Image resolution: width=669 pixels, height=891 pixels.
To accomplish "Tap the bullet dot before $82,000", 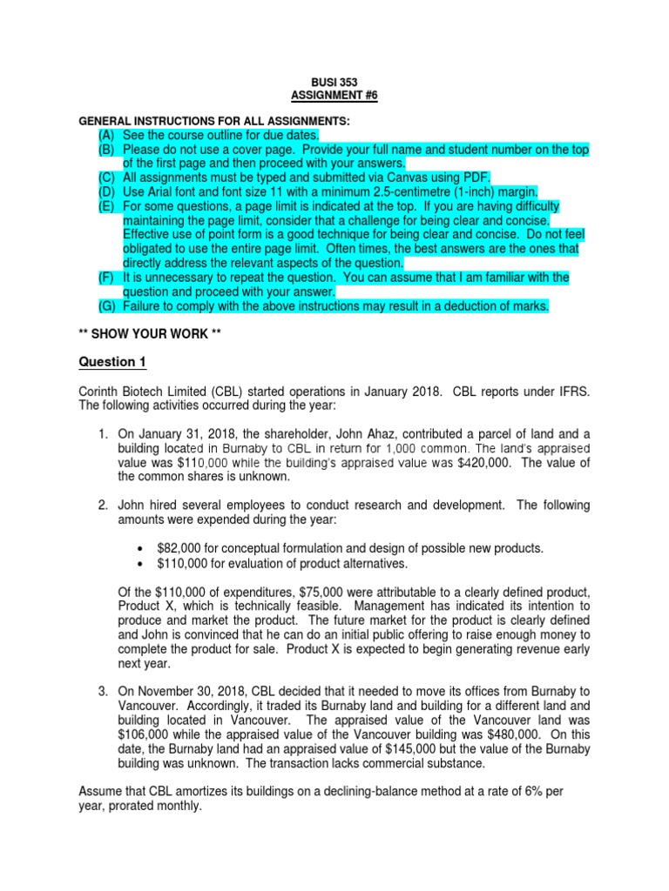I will click(142, 548).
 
